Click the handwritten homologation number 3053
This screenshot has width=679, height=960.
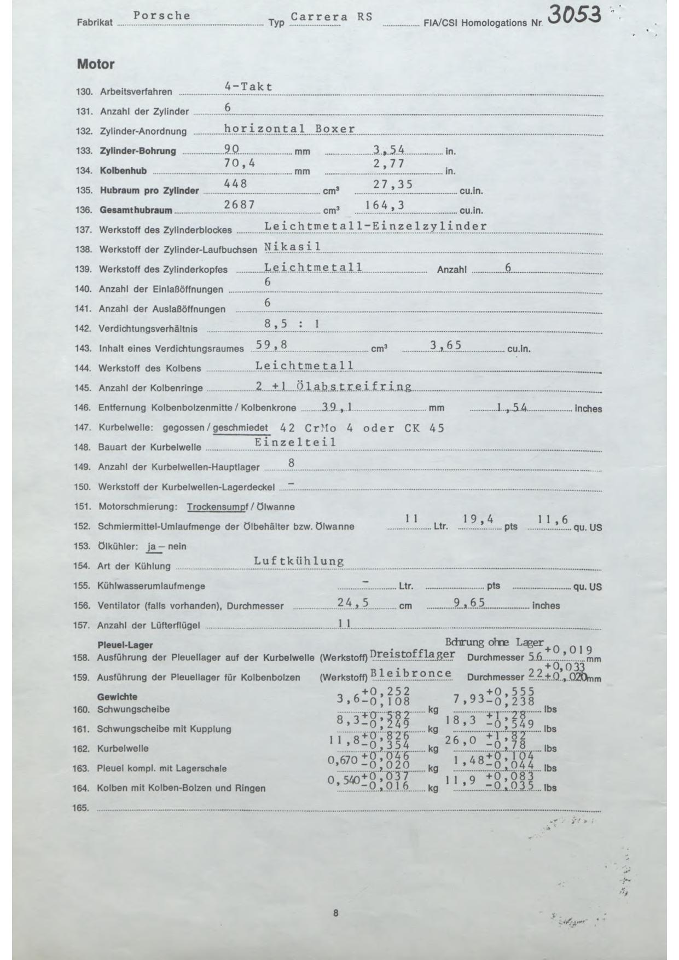coord(574,16)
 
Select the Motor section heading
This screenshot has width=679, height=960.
coord(96,65)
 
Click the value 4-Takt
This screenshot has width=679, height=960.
coord(248,86)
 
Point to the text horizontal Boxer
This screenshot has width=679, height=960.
coord(289,129)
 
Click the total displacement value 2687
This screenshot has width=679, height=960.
coord(240,205)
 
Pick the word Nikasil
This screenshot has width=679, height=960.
coord(292,247)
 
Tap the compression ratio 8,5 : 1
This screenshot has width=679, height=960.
coord(292,323)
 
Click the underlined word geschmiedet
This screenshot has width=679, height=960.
coord(240,427)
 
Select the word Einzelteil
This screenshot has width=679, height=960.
coord(295,442)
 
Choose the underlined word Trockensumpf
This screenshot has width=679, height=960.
coord(217,507)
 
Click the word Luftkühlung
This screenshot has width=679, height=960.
coord(299,561)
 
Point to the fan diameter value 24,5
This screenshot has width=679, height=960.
coord(353,603)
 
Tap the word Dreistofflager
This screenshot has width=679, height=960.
coord(413,654)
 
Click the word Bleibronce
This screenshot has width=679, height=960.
coord(411,674)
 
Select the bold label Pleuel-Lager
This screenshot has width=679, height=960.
coord(125,645)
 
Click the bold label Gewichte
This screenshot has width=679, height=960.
coord(117,697)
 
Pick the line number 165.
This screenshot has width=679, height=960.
coord(80,808)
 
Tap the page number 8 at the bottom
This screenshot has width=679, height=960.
coord(335,913)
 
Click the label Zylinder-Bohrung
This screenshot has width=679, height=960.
coord(138,151)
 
